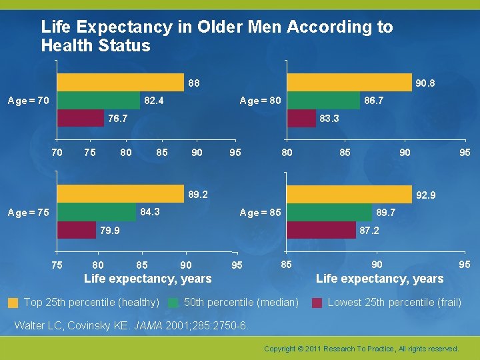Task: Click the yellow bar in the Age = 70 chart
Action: [x=121, y=83]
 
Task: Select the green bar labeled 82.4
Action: [x=99, y=101]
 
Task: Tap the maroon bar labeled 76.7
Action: [x=81, y=118]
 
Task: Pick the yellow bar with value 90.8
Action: [x=349, y=83]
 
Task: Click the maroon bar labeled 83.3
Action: [x=301, y=118]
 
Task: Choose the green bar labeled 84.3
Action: [x=97, y=212]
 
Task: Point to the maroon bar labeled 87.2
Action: [x=321, y=230]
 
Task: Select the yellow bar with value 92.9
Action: [x=349, y=194]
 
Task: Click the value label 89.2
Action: [x=198, y=195]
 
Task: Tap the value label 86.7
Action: [x=374, y=101]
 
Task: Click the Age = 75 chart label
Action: [x=29, y=213]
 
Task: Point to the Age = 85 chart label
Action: [x=260, y=213]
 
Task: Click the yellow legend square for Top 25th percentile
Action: [x=13, y=303]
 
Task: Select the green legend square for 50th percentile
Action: [x=173, y=303]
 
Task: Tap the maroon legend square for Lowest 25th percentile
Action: [x=317, y=303]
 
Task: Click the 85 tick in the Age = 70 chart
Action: [x=162, y=153]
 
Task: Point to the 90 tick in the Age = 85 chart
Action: [x=377, y=265]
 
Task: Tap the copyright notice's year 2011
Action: [x=313, y=349]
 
